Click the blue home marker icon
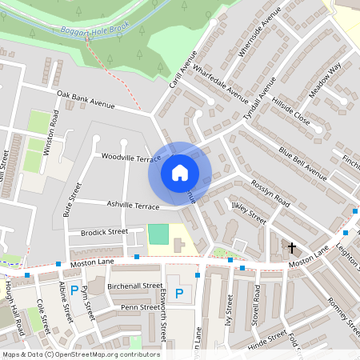tap(180, 172)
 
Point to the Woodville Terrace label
tap(132, 158)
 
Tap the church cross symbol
tap(291, 248)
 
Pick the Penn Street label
tap(139, 307)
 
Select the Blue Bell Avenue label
tap(303, 162)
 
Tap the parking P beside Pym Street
tap(74, 291)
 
